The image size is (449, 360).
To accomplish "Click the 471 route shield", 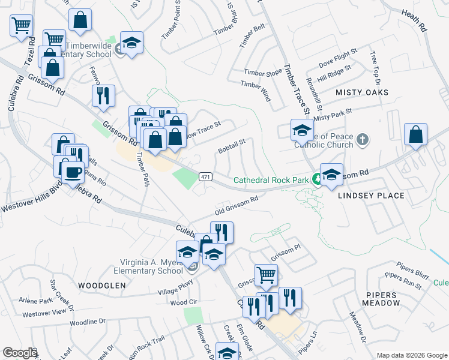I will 206,176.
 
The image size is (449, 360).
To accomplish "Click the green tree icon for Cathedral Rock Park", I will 315,179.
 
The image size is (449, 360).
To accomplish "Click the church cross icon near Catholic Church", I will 361,140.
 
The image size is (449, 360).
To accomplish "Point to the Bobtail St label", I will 232,145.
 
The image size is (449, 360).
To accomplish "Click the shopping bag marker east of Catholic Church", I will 415,136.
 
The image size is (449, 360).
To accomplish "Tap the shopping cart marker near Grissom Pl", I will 266,275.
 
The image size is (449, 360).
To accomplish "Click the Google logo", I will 19,353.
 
